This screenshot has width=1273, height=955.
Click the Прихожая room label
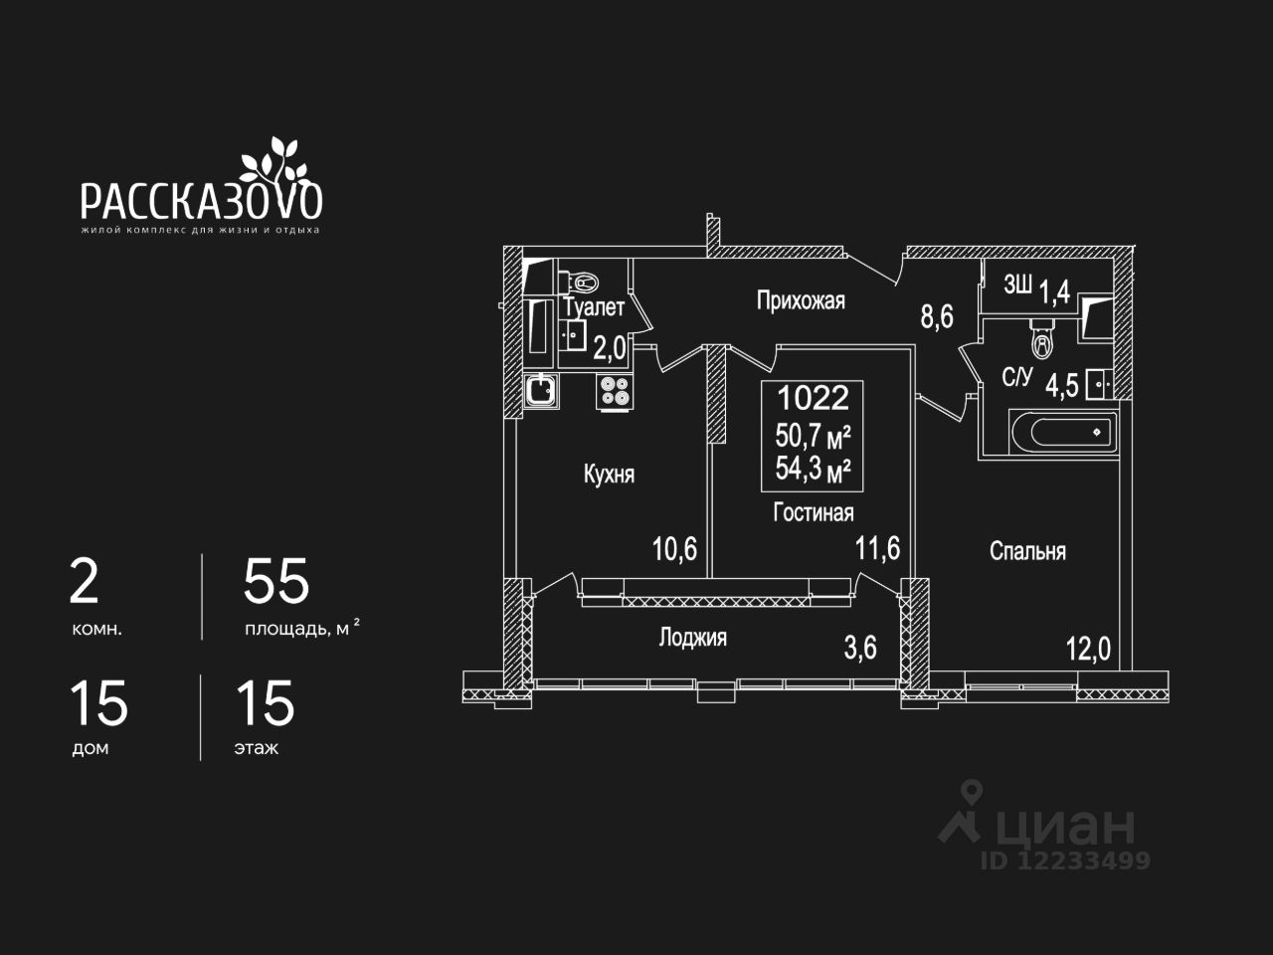tap(801, 300)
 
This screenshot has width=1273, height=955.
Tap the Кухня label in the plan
tap(609, 475)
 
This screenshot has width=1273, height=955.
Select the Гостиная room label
tap(814, 512)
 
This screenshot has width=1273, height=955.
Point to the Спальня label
tap(1027, 551)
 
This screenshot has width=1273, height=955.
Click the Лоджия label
tap(692, 638)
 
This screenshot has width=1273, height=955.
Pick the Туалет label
tap(594, 308)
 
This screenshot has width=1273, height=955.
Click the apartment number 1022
tap(813, 398)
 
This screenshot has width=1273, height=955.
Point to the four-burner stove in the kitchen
tap(614, 391)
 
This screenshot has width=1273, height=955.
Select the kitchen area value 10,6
tap(674, 549)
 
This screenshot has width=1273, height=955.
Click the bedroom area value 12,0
tap(1088, 650)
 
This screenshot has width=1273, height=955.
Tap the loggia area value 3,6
tap(860, 648)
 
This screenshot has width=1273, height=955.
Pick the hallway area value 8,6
tap(937, 317)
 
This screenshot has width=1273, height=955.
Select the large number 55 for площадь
tap(276, 582)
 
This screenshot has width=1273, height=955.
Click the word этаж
tap(256, 748)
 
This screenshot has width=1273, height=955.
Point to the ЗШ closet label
tap(1016, 286)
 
